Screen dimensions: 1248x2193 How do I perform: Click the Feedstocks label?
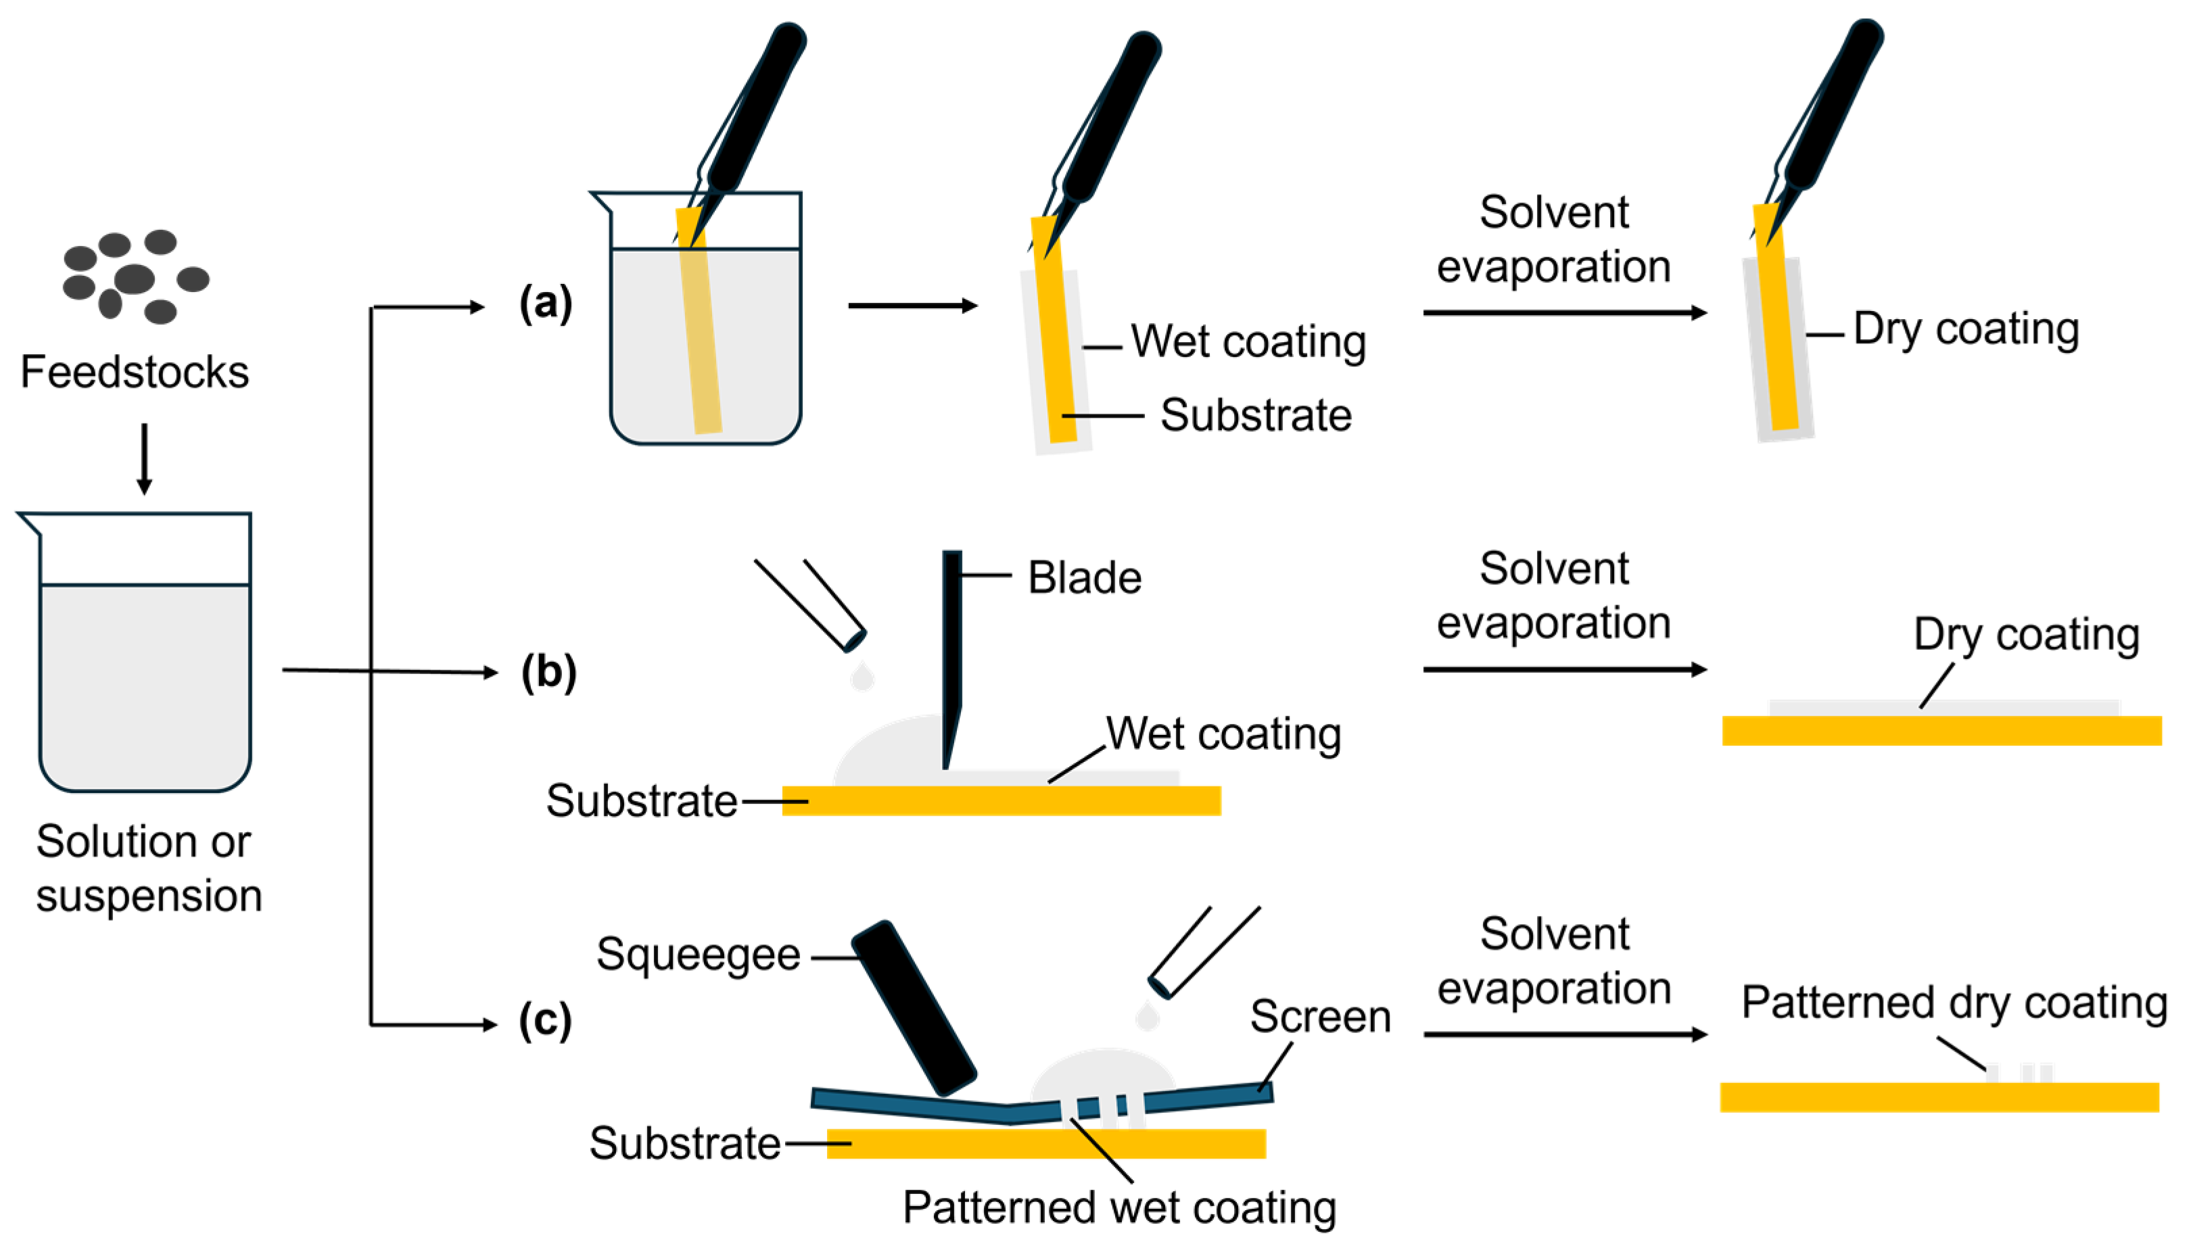pyautogui.click(x=135, y=372)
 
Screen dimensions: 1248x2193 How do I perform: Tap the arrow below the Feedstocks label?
pyautogui.click(x=144, y=458)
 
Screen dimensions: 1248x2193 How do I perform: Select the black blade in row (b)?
pyautogui.click(x=951, y=652)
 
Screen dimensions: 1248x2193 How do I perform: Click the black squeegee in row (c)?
pyautogui.click(x=914, y=1008)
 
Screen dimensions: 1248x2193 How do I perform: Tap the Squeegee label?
pyautogui.click(x=698, y=955)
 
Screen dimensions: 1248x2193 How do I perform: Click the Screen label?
pyautogui.click(x=1319, y=1017)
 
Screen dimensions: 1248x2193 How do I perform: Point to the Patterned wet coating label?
pyautogui.click(x=1118, y=1207)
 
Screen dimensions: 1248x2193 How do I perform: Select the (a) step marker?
pyautogui.click(x=545, y=303)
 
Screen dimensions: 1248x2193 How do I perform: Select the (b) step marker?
pyautogui.click(x=548, y=671)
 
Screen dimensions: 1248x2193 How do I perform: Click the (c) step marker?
pyautogui.click(x=545, y=1020)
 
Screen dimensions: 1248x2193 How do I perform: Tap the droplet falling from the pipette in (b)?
pyautogui.click(x=862, y=677)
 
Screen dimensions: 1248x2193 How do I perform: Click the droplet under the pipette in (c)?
pyautogui.click(x=1146, y=1017)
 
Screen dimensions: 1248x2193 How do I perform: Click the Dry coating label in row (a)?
pyautogui.click(x=1966, y=329)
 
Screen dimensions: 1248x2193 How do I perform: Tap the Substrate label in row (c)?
pyautogui.click(x=684, y=1143)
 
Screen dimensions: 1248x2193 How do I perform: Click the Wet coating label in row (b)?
pyautogui.click(x=1223, y=734)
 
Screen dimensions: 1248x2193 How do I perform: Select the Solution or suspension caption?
pyautogui.click(x=147, y=868)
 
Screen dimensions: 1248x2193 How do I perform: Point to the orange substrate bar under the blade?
pyautogui.click(x=1001, y=800)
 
